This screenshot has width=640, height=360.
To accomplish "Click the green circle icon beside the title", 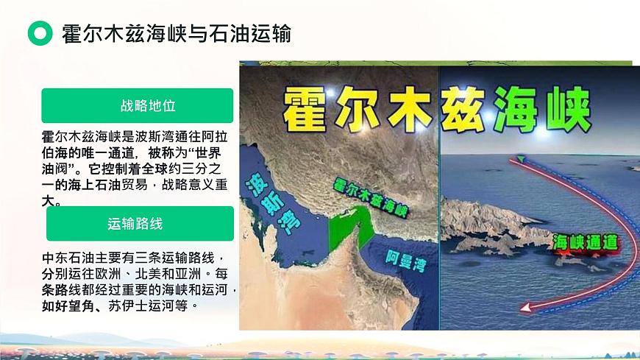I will (x=40, y=33).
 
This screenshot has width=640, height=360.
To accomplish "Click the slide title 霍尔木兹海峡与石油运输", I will (x=177, y=33).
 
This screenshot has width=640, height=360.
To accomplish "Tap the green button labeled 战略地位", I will (x=138, y=105).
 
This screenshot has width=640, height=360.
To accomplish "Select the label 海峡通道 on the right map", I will (x=585, y=242).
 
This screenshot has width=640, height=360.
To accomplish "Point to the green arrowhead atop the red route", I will (x=521, y=158).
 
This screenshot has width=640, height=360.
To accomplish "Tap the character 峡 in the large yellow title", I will (x=566, y=108).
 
